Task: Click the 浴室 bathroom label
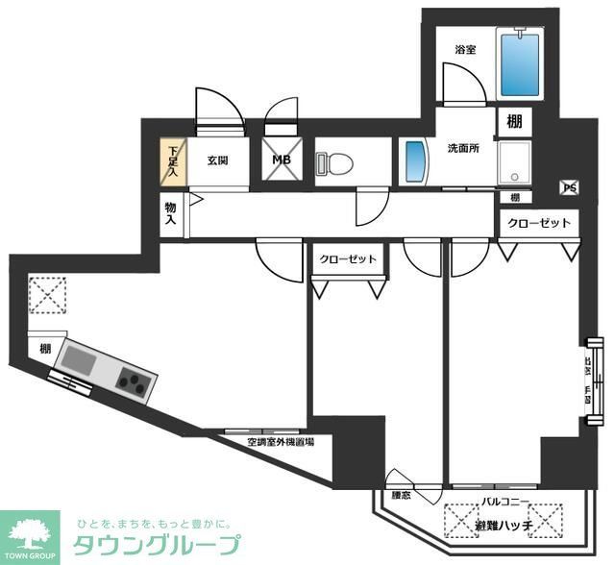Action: tap(465, 50)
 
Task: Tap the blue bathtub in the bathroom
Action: tap(520, 62)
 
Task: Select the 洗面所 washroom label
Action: tap(464, 149)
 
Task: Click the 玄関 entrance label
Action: tap(217, 160)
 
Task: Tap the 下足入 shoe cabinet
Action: tap(172, 160)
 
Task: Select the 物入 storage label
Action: tap(170, 213)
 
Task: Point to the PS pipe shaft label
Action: tap(569, 188)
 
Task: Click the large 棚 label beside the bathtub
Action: tap(515, 122)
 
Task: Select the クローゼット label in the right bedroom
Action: tap(538, 223)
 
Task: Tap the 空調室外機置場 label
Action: tap(280, 443)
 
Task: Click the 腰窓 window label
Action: tap(401, 496)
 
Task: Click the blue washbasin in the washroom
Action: tap(414, 163)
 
